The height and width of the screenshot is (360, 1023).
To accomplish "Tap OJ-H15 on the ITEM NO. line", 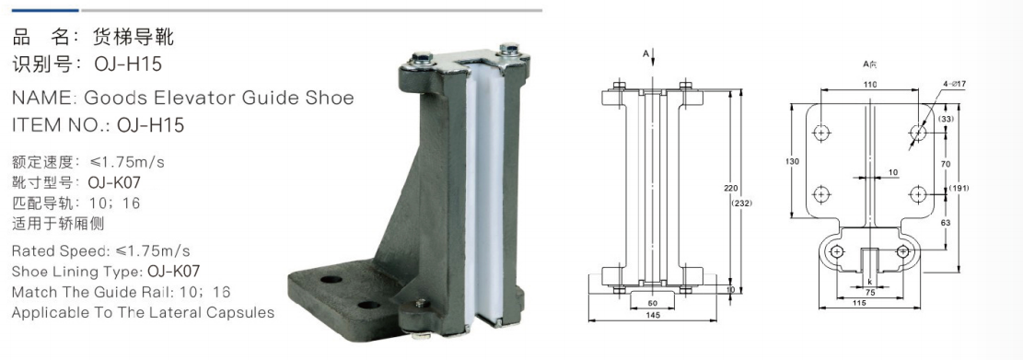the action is coord(150,124).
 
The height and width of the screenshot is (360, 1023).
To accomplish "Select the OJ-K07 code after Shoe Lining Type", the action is coord(174,272).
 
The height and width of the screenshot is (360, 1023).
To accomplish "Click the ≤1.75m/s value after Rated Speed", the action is coord(154,251).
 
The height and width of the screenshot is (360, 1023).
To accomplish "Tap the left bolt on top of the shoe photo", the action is coord(420,57).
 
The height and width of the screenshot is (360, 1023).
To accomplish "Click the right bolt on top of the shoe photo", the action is coord(508,49).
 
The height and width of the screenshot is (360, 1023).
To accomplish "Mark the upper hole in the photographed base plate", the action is coord(331,280).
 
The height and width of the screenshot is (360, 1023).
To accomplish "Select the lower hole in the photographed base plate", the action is coord(368,305).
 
